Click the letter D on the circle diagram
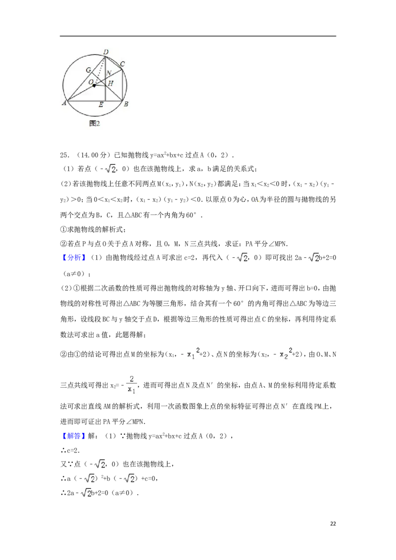(x=105, y=52)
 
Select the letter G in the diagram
(x=88, y=70)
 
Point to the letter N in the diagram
(x=108, y=73)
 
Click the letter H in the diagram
(x=111, y=84)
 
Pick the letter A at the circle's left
(x=64, y=103)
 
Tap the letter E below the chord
(x=101, y=105)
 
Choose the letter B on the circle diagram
(x=126, y=104)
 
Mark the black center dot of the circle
(x=94, y=86)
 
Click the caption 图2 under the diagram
(x=95, y=123)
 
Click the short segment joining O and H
(x=100, y=86)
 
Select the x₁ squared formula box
(x=192, y=354)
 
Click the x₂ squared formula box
(x=285, y=354)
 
